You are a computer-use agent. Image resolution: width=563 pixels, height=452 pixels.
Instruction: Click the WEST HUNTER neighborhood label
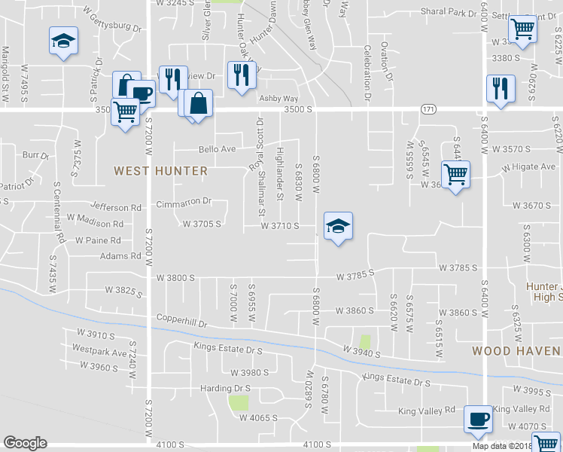coord(160,171)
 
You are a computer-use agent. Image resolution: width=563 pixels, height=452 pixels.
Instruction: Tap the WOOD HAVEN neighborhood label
coord(516,351)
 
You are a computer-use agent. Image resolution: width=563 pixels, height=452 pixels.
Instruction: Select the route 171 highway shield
coord(428,110)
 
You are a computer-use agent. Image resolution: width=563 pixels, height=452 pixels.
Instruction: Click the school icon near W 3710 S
coord(338,227)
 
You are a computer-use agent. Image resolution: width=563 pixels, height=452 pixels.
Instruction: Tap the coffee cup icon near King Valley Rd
coord(478,418)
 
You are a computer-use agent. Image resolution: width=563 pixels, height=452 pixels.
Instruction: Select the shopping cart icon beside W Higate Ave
coord(455,175)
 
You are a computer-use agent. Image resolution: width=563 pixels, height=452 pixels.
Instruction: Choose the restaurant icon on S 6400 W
coord(500,88)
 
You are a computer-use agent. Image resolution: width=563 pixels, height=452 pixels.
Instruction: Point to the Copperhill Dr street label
coord(181,319)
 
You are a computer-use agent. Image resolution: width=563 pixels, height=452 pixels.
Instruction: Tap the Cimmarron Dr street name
coord(184,203)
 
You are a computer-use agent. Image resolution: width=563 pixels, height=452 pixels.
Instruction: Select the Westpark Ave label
coord(99,350)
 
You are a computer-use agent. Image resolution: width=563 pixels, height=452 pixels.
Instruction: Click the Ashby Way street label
coord(278,99)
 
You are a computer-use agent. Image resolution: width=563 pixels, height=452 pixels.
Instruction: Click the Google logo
coord(25,443)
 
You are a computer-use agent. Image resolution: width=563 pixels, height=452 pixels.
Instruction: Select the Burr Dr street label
coord(35,155)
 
